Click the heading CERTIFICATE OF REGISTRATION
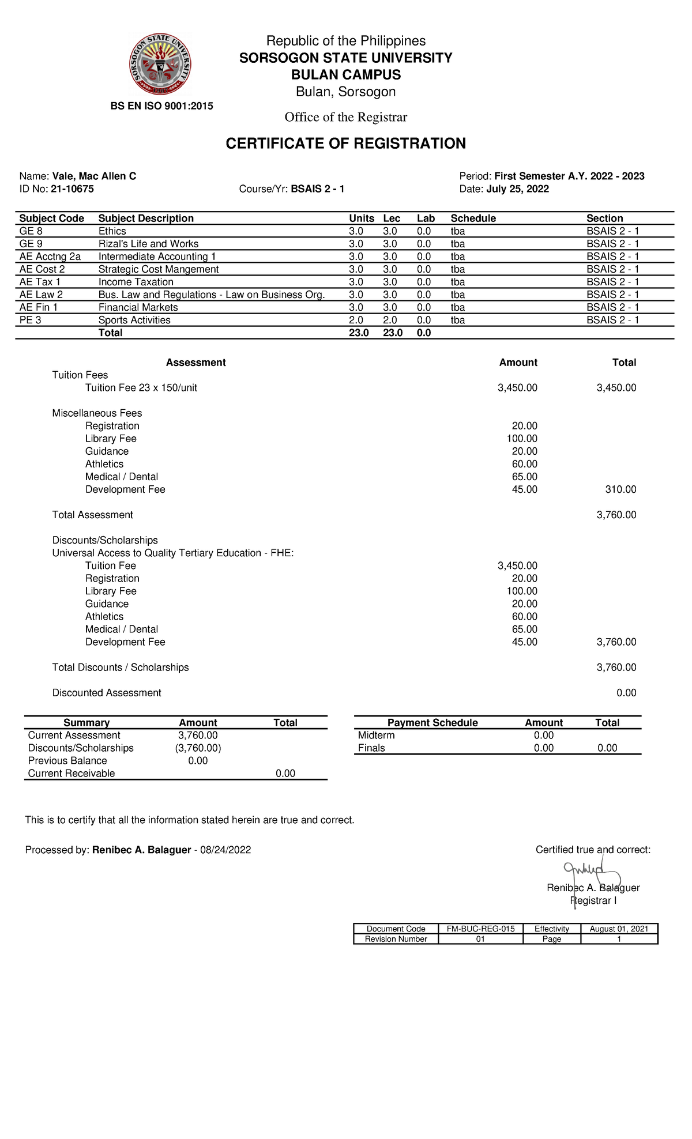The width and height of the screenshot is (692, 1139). coord(345,144)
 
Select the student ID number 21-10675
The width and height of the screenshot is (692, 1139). coord(72,189)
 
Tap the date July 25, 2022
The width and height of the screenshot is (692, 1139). coord(517,189)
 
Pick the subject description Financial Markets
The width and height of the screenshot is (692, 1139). coord(138,307)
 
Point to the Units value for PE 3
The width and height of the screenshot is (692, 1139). coord(356,320)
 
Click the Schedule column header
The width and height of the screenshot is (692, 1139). coord(473,218)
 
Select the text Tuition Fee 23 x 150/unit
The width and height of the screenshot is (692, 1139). coord(141,388)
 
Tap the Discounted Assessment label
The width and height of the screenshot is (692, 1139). coord(107,693)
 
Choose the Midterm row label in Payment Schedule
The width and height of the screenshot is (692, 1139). coord(376,736)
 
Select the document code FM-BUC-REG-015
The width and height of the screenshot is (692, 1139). coord(480,929)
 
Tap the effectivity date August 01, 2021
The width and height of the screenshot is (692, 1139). coord(619,929)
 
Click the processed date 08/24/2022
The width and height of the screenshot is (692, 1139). coord(225,850)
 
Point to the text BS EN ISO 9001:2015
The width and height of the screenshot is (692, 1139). coord(162,106)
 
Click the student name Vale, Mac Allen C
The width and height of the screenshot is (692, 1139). coord(94,176)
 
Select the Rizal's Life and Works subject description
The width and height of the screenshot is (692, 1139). coord(148,244)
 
